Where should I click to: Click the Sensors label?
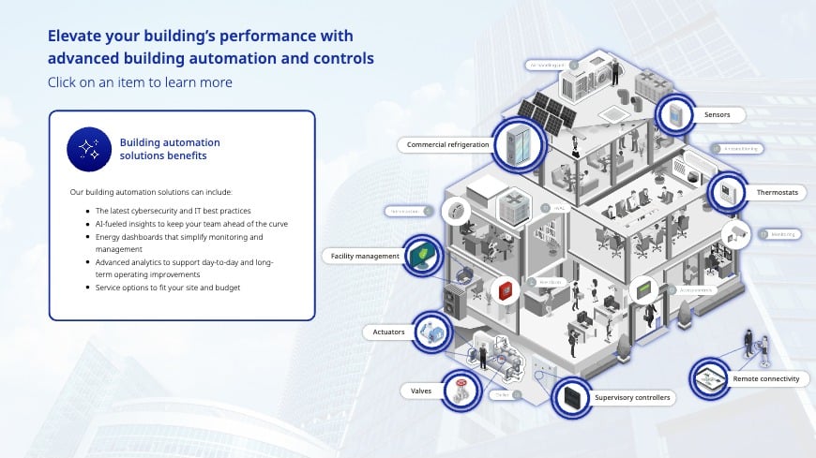pos(718,115)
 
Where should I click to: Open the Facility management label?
pos(365,256)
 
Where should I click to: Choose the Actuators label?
pos(387,332)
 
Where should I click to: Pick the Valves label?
pos(421,391)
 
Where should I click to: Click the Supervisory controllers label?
pos(632,398)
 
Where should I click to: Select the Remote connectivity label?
pos(766,379)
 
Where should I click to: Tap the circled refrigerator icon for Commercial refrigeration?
pos(517,143)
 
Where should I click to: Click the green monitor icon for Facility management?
pos(423,254)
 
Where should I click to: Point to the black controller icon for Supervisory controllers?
pos(568,397)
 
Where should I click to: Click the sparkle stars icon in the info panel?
pos(89,149)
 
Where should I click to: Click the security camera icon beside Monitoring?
pos(735,233)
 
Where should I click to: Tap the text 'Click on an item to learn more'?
pos(140,82)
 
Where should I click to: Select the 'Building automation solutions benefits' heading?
pos(169,149)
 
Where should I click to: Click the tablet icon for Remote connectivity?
pos(710,377)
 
